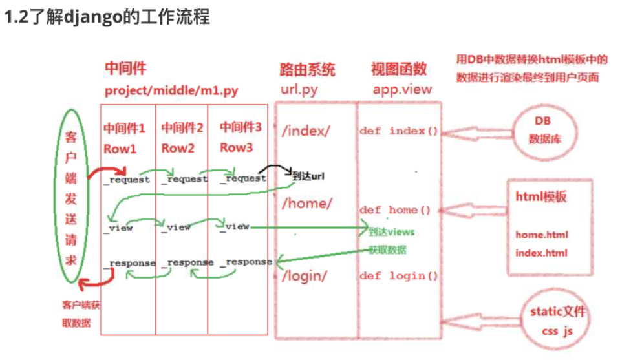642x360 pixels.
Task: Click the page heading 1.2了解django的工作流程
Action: pos(107,17)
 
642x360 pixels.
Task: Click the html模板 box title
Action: pos(541,196)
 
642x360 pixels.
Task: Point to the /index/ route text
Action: pos(306,131)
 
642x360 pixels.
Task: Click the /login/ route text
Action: pos(305,276)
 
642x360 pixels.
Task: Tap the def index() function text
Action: pos(399,131)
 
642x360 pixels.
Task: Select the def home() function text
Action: pos(395,210)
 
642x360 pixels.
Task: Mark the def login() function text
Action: pos(399,276)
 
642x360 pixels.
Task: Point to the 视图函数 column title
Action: pos(399,70)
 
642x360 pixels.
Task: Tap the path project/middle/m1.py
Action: pos(171,90)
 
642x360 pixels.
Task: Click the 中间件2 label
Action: pos(182,128)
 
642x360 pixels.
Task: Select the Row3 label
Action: pos(236,147)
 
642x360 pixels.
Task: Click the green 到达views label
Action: pos(391,232)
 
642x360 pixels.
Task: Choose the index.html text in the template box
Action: pos(541,253)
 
